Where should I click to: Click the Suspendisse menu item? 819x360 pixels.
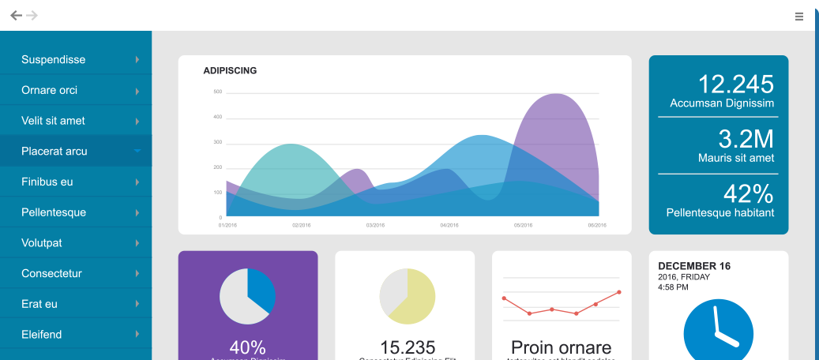click(54, 60)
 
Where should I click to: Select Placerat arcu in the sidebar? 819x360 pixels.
click(54, 152)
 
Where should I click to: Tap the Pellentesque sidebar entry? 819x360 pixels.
click(54, 212)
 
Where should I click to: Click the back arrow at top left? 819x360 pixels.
click(16, 15)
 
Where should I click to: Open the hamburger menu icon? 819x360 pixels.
click(799, 16)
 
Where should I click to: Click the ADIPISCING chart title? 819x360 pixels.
click(230, 71)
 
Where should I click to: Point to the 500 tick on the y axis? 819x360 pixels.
click(217, 92)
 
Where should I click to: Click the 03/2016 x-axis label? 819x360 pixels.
click(375, 225)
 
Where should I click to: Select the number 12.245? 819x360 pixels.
click(735, 84)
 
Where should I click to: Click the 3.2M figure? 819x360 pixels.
click(746, 139)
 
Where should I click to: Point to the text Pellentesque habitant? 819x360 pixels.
click(719, 213)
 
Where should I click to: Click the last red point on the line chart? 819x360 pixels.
click(618, 292)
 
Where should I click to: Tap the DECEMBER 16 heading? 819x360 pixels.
click(694, 266)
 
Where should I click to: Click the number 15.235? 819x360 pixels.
click(407, 347)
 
